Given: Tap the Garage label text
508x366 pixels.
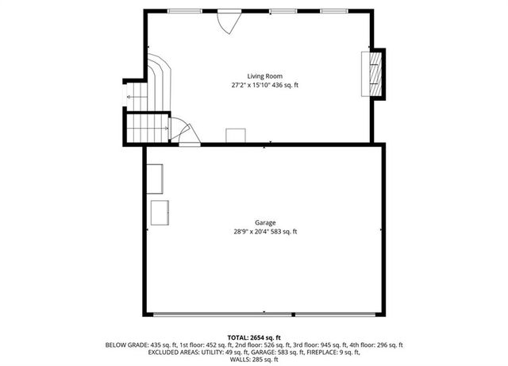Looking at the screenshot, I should coord(264,223).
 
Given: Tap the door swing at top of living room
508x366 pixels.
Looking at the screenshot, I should coord(228,21).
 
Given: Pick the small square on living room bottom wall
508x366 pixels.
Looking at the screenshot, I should coord(236,135).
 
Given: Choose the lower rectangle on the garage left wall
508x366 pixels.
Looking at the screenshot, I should coord(160,213).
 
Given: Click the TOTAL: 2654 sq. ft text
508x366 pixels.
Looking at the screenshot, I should coord(254,337).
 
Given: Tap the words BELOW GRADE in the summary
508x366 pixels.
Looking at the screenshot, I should coord(126,345).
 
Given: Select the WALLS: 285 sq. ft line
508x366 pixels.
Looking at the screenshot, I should coord(254,360).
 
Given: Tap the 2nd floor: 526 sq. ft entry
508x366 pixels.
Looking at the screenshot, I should coord(260,345).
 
